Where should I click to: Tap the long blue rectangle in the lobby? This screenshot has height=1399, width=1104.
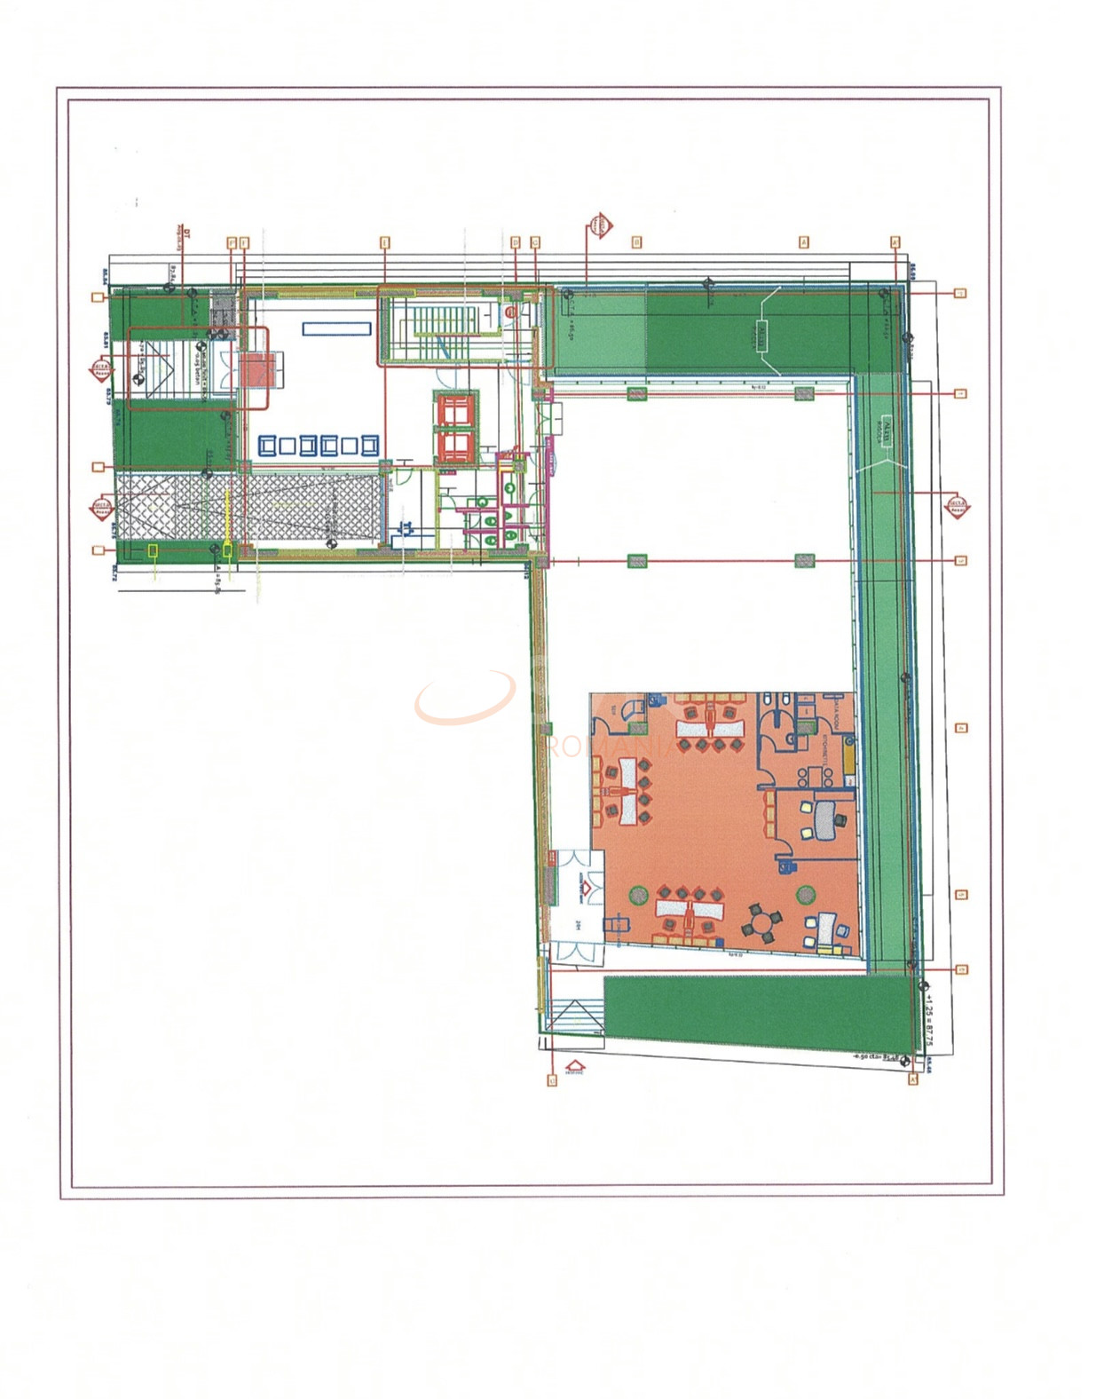(336, 328)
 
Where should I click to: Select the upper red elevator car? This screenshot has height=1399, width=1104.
(455, 411)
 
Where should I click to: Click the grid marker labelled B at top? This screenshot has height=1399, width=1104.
(636, 241)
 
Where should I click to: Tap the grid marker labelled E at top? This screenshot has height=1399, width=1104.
(384, 241)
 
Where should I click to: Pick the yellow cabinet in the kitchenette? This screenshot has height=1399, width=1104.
(848, 760)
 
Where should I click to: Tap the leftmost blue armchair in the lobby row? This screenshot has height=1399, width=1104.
(266, 445)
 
